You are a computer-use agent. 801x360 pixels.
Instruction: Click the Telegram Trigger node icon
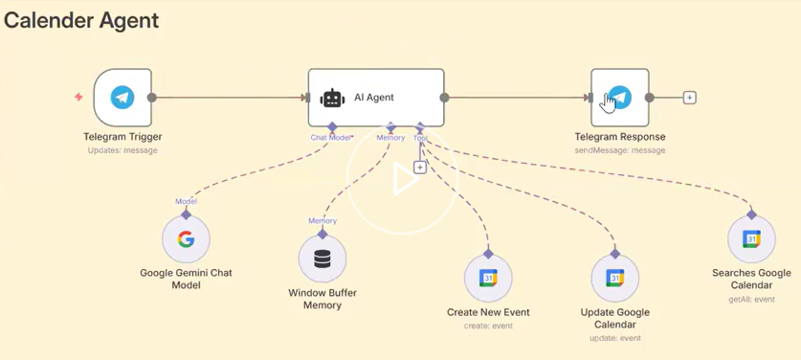pos(122,97)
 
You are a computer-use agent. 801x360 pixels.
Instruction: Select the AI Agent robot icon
pos(333,98)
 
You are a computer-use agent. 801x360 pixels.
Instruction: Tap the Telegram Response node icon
pos(620,97)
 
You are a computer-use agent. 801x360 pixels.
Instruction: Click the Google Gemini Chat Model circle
pos(186,239)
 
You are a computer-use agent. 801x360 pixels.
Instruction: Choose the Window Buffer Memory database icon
pos(323,259)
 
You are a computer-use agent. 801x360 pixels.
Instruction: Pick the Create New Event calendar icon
pos(488,279)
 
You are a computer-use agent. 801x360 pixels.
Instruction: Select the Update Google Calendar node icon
pos(615,279)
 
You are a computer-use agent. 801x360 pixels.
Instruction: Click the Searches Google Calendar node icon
pos(751,238)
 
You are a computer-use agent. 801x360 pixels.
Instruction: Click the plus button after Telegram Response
pos(690,97)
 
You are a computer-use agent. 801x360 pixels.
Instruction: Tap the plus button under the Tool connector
pos(420,168)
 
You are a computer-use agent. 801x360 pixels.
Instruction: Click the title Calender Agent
pos(81,21)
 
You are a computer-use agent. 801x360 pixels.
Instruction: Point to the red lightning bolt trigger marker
pos(78,97)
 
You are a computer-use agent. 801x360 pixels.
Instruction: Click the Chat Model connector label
pos(331,138)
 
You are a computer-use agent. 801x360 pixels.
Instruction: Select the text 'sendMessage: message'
pos(620,150)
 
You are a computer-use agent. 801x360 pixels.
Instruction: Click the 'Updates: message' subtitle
pos(122,150)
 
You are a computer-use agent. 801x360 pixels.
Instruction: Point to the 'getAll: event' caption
pos(751,299)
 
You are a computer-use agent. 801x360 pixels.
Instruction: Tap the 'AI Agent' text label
pos(374,97)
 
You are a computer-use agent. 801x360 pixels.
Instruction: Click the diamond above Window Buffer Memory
pos(323,235)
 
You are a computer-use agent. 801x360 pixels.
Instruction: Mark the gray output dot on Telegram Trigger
pos(152,97)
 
